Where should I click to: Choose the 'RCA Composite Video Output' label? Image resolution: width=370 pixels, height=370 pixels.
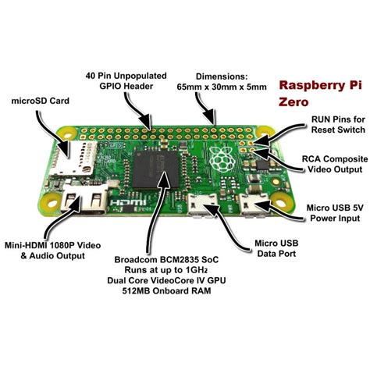pos(333,162)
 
